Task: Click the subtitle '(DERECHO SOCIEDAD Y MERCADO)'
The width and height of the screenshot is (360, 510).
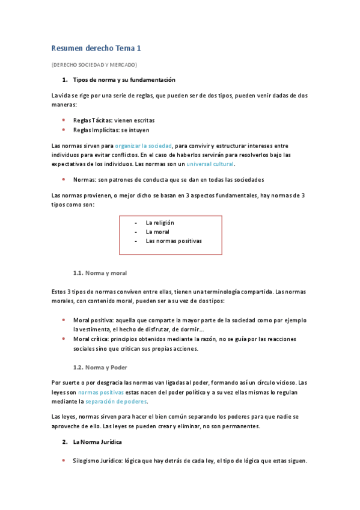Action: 94,64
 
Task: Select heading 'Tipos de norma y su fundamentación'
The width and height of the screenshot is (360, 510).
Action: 124,80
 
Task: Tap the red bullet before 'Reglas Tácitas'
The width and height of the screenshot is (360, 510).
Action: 64,120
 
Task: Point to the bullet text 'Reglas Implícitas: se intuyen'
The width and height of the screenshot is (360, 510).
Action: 111,129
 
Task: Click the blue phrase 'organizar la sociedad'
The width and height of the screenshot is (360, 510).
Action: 144,146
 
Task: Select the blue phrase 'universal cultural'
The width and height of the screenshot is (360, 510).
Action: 210,164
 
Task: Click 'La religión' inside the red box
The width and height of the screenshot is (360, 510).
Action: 160,223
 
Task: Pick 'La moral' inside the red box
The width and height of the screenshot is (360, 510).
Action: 157,232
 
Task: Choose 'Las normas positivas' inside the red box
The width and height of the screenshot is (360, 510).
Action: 174,241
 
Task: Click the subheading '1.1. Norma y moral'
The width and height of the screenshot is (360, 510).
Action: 100,272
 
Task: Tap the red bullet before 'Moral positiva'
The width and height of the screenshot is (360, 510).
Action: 64,321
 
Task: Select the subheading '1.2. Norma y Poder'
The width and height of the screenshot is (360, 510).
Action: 100,367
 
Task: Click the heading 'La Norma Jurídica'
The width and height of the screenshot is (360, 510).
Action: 97,442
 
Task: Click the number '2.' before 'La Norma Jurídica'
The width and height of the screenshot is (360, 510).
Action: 65,442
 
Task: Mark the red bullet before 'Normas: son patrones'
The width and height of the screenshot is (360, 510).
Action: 64,180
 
